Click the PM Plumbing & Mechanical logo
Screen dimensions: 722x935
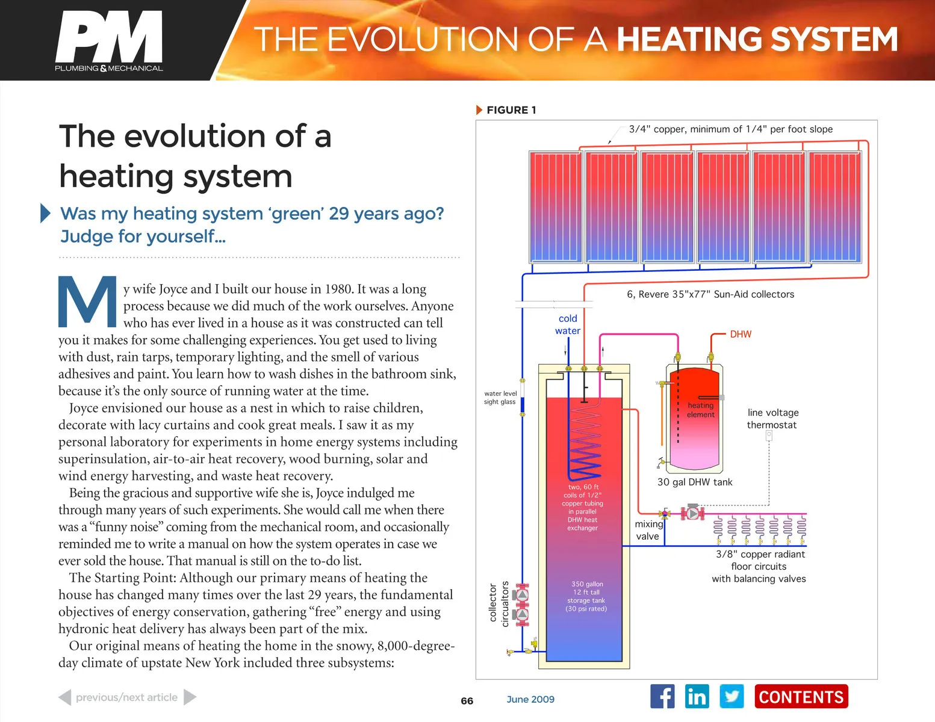109,41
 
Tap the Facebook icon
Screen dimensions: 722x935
662,697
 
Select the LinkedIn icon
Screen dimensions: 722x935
697,697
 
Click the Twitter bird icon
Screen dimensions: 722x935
732,697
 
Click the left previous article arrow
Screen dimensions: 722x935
64,697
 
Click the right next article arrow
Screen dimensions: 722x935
190,697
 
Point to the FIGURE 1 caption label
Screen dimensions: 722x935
511,110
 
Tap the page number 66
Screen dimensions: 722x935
467,701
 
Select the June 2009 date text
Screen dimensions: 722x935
530,699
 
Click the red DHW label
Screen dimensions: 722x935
741,335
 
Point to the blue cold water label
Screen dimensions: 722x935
568,325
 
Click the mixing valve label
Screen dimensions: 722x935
648,530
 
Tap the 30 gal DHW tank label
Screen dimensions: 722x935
695,483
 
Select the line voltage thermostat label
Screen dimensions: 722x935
772,419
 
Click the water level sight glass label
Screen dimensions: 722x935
500,398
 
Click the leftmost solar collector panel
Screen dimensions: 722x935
556,207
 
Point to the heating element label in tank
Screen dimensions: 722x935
701,410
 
